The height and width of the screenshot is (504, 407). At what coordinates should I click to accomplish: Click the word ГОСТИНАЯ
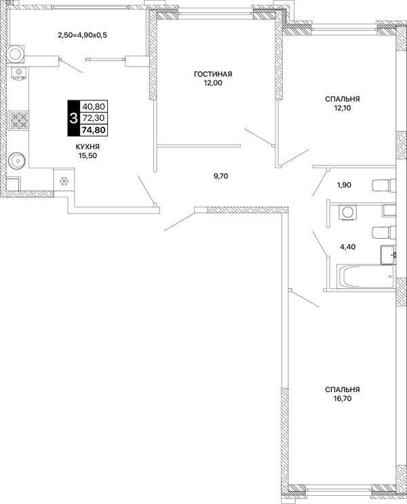click(213, 74)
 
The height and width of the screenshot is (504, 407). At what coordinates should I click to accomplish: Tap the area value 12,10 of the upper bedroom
click(342, 108)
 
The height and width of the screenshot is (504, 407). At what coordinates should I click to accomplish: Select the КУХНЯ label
click(88, 147)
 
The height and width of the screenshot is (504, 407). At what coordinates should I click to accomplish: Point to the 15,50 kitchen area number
click(88, 156)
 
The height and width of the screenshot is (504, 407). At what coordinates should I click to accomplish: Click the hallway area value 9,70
click(221, 176)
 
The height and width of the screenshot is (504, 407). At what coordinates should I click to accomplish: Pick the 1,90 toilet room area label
click(344, 185)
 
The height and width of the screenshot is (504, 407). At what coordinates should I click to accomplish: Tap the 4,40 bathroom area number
click(348, 247)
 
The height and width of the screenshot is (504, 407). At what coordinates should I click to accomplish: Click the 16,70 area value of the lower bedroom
click(343, 399)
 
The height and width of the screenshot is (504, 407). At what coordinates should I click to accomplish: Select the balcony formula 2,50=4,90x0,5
click(82, 35)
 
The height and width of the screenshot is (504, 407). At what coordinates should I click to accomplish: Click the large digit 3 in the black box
click(73, 118)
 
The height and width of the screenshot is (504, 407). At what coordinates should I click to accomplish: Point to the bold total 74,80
click(94, 130)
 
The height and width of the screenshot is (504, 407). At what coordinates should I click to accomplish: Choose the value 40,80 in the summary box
click(94, 106)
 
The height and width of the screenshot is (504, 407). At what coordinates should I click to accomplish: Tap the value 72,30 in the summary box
click(94, 118)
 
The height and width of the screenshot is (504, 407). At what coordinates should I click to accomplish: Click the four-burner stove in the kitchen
click(19, 120)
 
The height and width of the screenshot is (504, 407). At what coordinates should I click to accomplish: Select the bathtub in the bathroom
click(365, 277)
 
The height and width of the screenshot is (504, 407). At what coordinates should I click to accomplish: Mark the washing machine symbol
click(347, 212)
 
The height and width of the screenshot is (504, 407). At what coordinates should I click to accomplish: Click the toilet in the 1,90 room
click(383, 185)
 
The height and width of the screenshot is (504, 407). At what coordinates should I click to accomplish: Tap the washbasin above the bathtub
click(388, 255)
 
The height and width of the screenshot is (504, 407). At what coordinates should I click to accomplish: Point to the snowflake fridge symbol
click(64, 181)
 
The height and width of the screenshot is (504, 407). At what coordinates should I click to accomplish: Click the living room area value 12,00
click(212, 83)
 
